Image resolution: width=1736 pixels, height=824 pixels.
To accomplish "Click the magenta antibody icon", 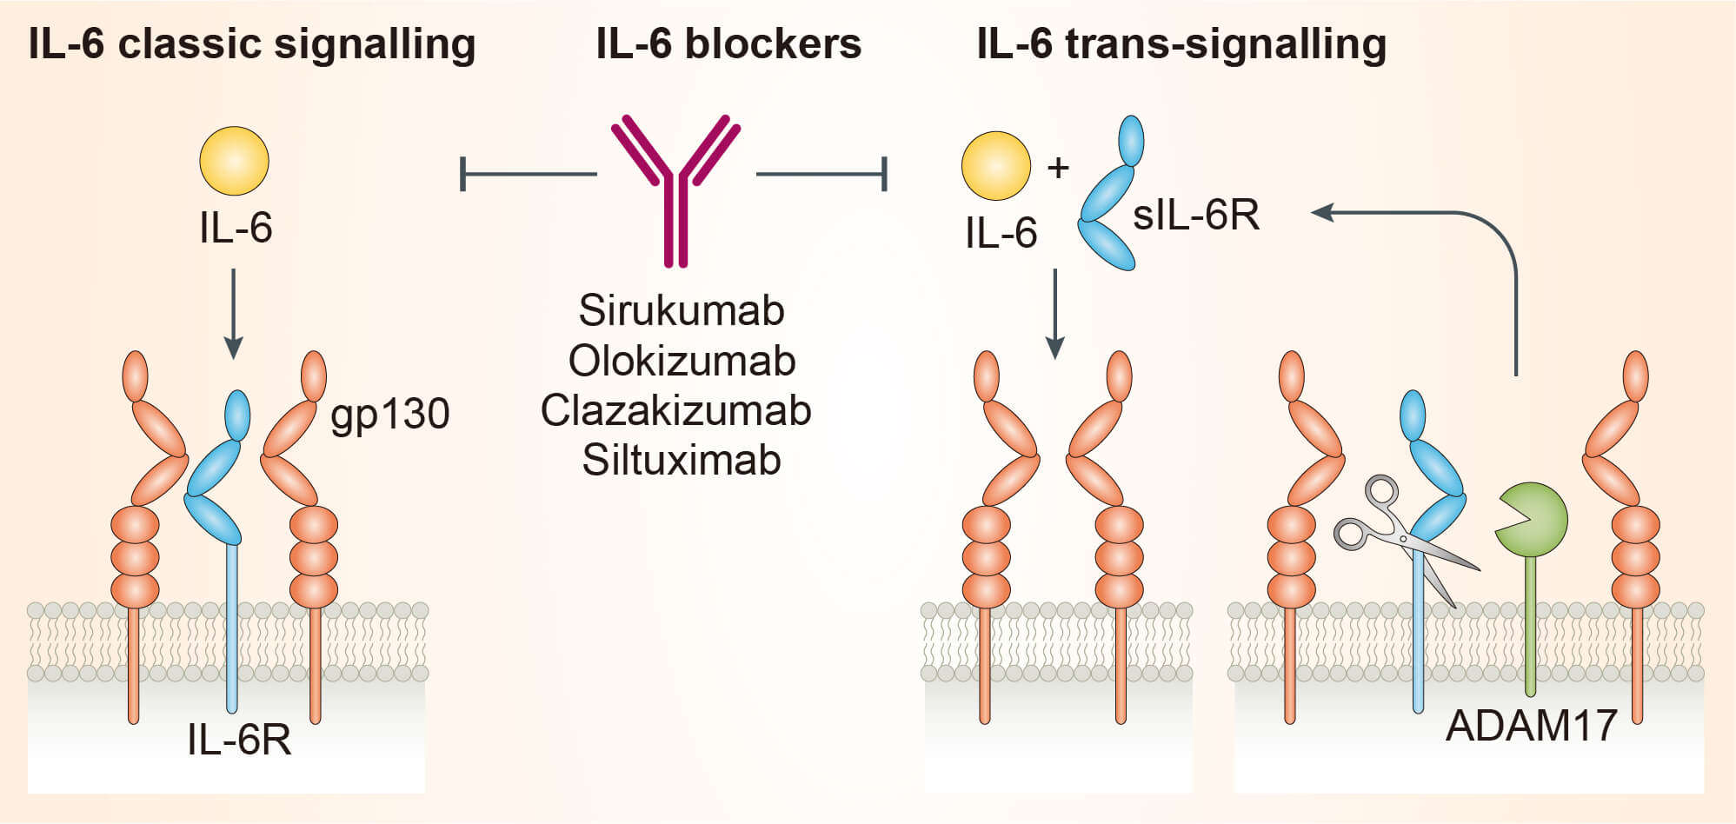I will point(675,187).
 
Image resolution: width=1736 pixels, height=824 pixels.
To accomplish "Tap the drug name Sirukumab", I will point(682,310).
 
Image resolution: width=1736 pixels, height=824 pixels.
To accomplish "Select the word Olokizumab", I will point(682,361).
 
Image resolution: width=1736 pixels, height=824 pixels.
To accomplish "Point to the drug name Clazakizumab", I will point(675,410).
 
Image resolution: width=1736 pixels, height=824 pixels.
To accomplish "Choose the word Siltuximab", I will point(682,460).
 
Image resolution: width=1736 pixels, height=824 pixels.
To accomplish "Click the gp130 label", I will point(389,415).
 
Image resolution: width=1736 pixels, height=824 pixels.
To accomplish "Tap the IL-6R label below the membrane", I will point(239,740).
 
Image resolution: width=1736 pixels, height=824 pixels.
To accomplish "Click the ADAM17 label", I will point(1531,726).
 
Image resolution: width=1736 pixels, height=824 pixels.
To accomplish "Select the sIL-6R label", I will point(1195,215).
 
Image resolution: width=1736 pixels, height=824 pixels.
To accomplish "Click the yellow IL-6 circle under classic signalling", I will point(234,161).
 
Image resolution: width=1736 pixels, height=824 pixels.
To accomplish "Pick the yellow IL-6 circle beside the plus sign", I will point(995,165).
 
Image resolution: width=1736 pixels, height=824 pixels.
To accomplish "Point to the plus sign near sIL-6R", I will point(1058,168).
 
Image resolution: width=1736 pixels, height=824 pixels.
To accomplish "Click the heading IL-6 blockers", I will point(728,43).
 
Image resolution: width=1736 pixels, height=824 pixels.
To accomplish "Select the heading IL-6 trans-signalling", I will point(1181,43).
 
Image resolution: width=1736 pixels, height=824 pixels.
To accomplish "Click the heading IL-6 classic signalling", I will point(252,43).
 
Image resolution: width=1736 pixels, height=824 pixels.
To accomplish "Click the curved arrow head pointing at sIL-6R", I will point(1323,212).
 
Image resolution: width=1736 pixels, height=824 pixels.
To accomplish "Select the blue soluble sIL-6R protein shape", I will point(1110,196).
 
